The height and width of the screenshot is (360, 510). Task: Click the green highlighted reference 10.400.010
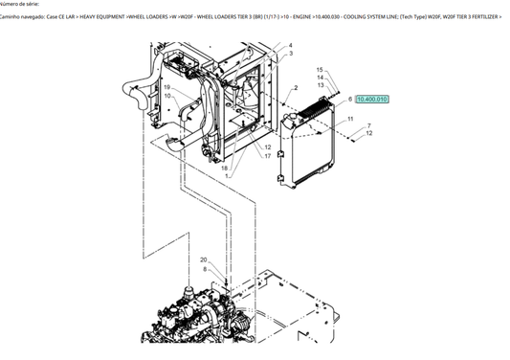click(x=372, y=99)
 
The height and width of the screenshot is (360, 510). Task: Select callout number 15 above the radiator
click(x=321, y=70)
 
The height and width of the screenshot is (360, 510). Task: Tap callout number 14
click(x=321, y=79)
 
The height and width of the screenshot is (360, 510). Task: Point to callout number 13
click(x=321, y=86)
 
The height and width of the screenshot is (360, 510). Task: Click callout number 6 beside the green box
click(x=350, y=99)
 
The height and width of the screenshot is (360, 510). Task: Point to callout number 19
click(x=166, y=87)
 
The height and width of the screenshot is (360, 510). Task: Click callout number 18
click(x=225, y=168)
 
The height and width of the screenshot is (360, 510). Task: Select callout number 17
click(x=268, y=155)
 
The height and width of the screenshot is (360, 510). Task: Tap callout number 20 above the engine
click(x=203, y=260)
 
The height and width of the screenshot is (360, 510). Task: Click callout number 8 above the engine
click(x=205, y=269)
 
